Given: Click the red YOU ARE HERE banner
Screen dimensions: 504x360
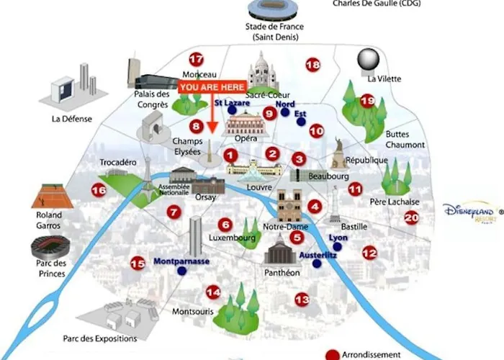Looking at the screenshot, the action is pyautogui.click(x=212, y=87).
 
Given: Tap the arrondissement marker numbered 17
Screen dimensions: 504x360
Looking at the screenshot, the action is pyautogui.click(x=196, y=59).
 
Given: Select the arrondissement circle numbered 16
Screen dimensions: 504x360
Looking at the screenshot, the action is pyautogui.click(x=99, y=190).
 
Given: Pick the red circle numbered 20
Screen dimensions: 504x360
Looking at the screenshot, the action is pyautogui.click(x=411, y=218).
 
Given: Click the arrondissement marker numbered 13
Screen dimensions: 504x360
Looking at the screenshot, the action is pyautogui.click(x=302, y=299).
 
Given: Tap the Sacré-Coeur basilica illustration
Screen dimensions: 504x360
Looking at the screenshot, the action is pyautogui.click(x=262, y=71).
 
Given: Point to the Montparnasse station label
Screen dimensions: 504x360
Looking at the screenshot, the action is pyautogui.click(x=181, y=261).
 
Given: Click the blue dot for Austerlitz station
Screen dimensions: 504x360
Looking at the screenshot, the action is pyautogui.click(x=316, y=264).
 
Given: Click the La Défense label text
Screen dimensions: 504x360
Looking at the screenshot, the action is pyautogui.click(x=72, y=119).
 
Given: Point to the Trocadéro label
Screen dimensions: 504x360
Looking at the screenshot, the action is pyautogui.click(x=117, y=163).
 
